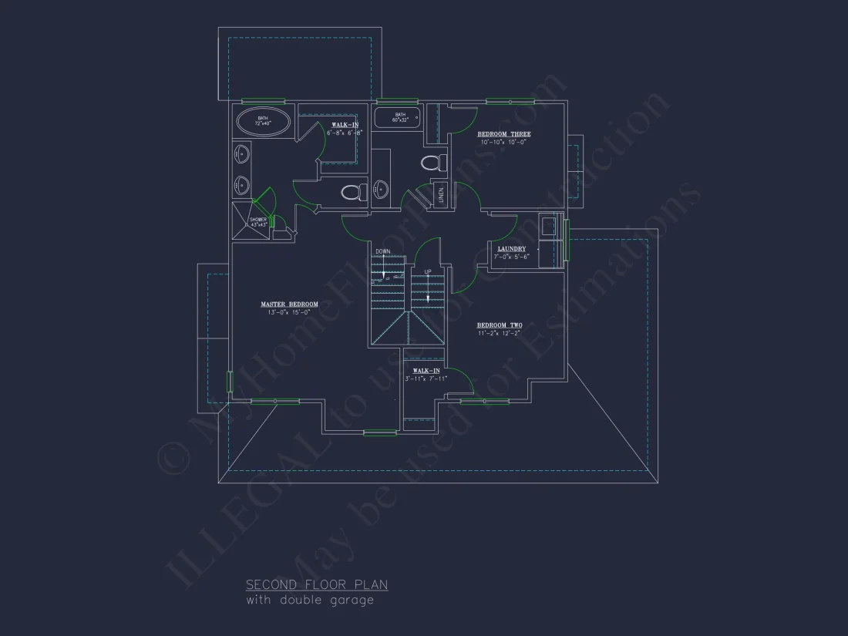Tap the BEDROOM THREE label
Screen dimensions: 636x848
[504, 134]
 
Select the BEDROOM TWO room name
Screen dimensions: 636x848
[499, 325]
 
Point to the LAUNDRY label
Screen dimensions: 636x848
[512, 248]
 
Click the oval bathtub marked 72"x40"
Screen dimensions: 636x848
[263, 122]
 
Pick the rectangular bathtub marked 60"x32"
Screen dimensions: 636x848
[397, 118]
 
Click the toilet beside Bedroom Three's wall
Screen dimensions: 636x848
[434, 163]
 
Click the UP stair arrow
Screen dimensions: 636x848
[428, 287]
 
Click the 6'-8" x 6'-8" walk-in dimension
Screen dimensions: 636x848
[345, 133]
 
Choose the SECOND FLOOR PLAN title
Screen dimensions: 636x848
[317, 585]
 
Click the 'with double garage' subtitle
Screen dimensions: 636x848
[310, 600]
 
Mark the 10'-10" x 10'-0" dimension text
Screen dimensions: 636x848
[504, 142]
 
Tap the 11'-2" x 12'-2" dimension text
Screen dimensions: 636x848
[499, 333]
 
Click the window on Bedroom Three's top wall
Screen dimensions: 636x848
[510, 101]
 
